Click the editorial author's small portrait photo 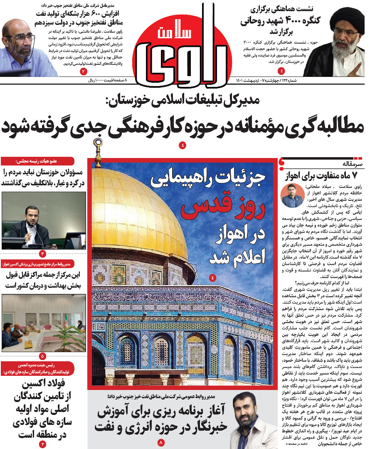(292, 195)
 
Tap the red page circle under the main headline (183, 145)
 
